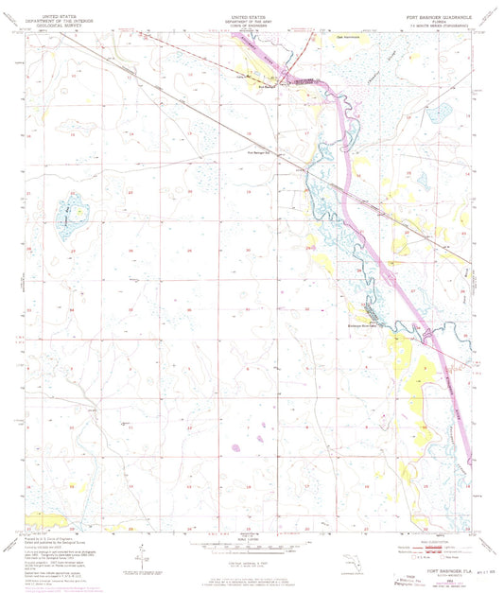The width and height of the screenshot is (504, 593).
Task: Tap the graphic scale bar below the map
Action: [252, 548]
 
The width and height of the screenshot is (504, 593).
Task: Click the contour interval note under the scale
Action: [252, 563]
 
